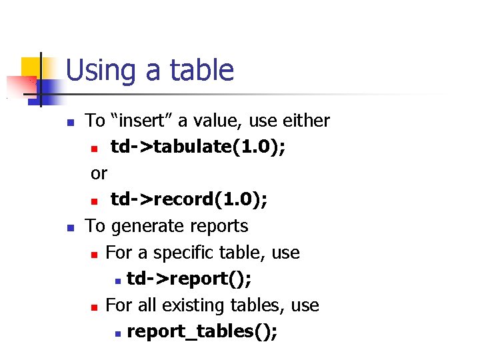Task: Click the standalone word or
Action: point(99,173)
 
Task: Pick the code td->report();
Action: point(189,279)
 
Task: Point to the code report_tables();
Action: point(202,331)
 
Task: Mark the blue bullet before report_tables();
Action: point(117,333)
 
